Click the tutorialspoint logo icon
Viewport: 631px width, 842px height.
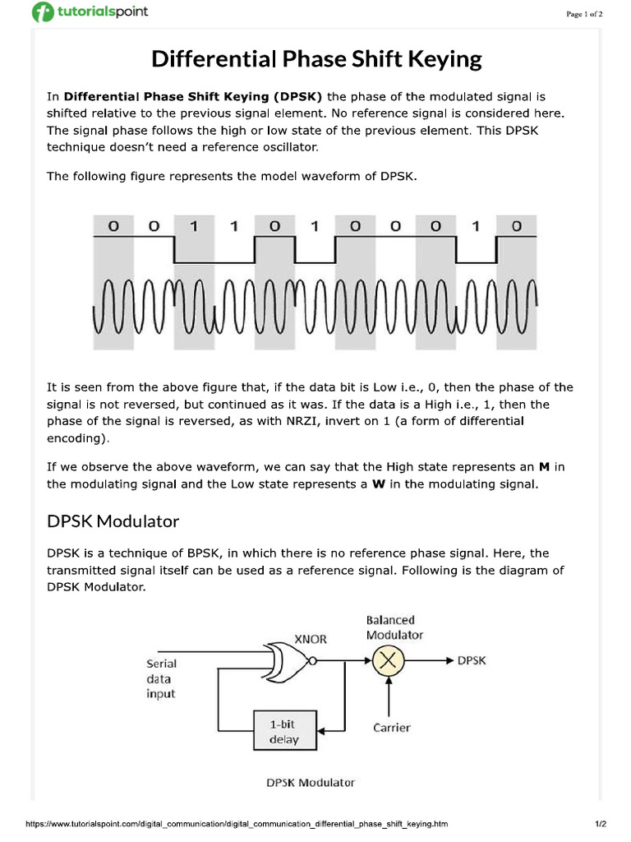point(42,12)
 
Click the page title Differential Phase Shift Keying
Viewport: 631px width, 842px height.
point(315,59)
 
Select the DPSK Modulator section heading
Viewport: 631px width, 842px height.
point(113,521)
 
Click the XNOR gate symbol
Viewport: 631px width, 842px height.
point(287,659)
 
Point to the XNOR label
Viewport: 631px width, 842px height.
point(311,638)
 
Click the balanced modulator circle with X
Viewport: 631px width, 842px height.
point(389,660)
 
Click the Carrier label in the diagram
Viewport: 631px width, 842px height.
point(391,728)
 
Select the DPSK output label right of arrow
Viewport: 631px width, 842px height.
point(472,660)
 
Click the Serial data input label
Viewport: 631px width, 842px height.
point(161,678)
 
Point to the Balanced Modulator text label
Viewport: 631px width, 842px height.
point(394,627)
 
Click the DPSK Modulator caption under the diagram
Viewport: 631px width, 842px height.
point(311,782)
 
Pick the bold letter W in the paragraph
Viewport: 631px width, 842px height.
point(379,484)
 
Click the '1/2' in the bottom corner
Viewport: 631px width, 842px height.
point(600,823)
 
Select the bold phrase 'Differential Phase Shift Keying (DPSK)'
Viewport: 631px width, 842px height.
point(195,96)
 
